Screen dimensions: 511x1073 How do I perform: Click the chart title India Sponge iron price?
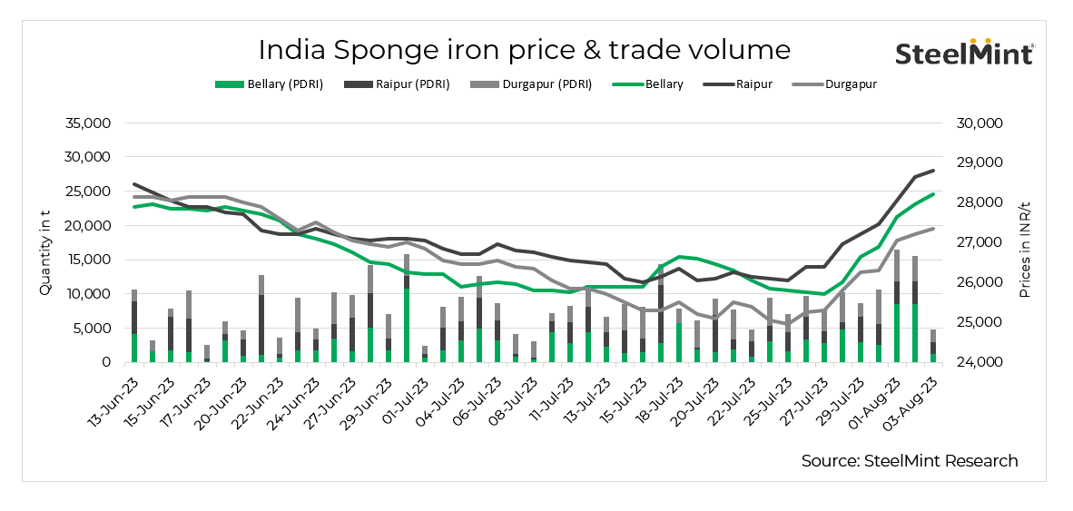pos(524,48)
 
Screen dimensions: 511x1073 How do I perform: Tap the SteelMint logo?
pos(964,53)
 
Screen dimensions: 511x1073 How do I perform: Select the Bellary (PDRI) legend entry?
pos(269,84)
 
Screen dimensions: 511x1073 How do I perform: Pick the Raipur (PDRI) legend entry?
pos(398,84)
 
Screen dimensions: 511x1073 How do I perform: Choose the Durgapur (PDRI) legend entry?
pos(531,84)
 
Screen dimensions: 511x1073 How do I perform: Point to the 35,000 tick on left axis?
pos(87,123)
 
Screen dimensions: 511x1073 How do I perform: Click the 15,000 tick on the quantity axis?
pos(87,260)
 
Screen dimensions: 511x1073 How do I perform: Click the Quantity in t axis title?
pos(44,242)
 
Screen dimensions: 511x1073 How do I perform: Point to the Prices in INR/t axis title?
pos(1025,242)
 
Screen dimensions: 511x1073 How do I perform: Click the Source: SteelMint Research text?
pos(910,461)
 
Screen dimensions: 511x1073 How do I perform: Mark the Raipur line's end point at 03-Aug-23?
pos(933,172)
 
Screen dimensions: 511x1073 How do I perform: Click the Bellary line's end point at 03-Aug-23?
pos(933,193)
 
